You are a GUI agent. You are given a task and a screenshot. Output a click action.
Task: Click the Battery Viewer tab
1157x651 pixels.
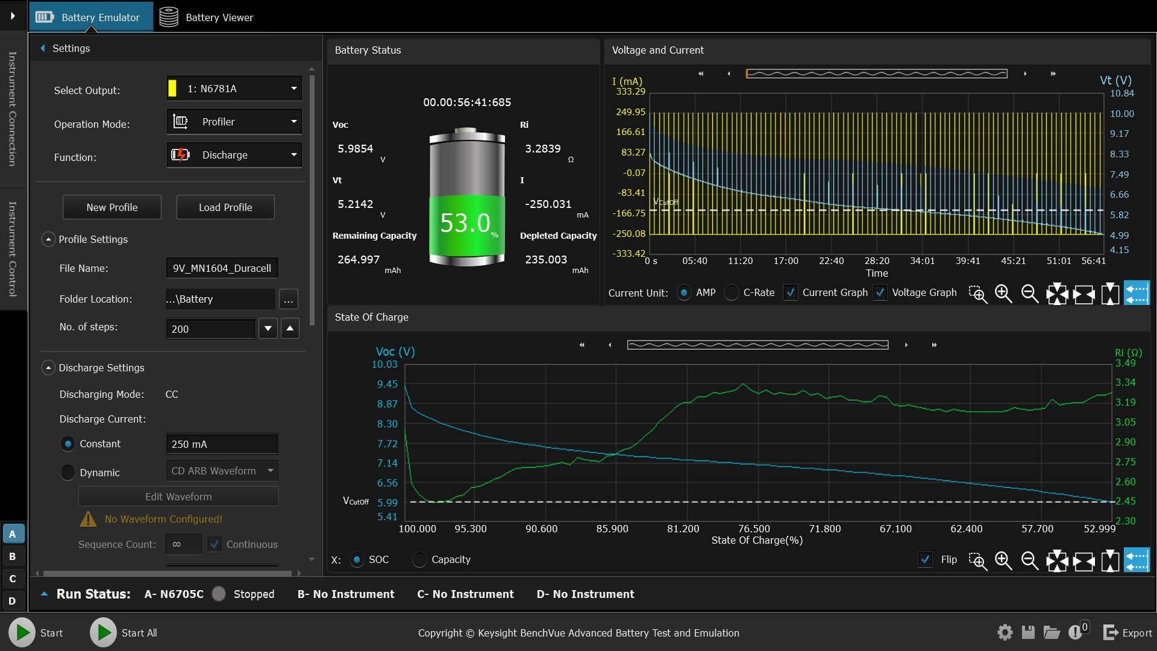207,17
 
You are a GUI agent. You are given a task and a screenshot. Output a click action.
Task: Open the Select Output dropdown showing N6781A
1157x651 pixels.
234,89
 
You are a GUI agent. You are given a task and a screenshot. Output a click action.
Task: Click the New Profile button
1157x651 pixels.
112,207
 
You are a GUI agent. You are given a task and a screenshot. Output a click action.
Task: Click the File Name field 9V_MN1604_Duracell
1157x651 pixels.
222,268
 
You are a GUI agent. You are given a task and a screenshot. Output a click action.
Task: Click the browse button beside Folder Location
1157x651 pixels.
288,300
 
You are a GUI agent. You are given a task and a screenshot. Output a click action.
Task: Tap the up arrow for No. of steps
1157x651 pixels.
290,329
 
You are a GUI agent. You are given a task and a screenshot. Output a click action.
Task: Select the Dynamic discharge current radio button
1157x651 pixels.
68,473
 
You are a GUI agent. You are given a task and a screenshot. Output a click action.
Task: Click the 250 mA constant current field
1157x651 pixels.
222,444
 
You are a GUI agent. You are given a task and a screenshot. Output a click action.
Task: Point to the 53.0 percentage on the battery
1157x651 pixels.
465,224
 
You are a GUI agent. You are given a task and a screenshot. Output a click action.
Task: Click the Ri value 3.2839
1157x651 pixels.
542,149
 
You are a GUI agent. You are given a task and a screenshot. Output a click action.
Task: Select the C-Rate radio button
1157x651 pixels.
732,293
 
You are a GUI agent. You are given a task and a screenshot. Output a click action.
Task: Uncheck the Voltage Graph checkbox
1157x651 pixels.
880,293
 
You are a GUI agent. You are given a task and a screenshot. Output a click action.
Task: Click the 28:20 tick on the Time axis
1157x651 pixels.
877,261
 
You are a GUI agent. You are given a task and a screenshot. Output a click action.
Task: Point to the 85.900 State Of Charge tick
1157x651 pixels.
612,529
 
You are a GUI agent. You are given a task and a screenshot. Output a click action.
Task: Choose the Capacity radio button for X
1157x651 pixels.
419,560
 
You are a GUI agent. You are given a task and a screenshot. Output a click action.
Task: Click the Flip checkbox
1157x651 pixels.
926,560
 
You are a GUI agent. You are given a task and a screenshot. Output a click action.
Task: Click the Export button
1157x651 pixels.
1127,633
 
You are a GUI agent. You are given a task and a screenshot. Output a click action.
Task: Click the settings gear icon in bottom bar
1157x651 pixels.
1005,632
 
